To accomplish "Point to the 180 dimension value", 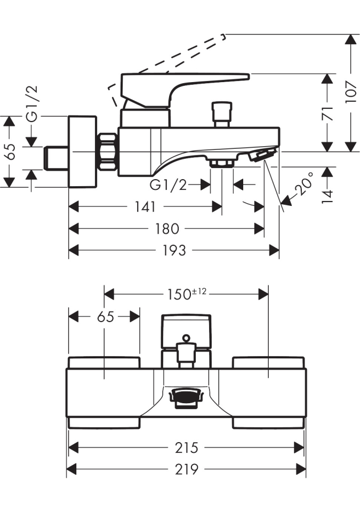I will coord(167,228).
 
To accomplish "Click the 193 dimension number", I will coord(174,250).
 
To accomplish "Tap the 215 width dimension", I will coord(186,447).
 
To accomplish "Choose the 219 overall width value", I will coord(186,469).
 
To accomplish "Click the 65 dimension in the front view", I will coord(106,316).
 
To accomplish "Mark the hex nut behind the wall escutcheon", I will coord(108,151).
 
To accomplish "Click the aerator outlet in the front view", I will coord(186,397).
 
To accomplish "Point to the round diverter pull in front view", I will coord(186,338).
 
